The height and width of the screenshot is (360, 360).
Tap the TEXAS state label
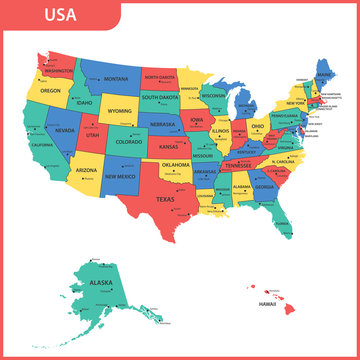point(164,198)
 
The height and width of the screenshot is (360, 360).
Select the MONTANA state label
point(117,78)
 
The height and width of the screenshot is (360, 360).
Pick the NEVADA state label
point(65,130)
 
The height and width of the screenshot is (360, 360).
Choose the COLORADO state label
point(129,142)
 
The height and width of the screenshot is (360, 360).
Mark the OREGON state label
point(50,90)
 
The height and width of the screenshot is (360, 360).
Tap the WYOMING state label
point(120,111)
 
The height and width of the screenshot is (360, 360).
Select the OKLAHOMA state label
point(176,164)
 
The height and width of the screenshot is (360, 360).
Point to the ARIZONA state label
point(86,171)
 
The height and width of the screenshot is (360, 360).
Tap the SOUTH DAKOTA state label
point(160,98)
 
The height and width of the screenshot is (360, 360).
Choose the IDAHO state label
point(84,102)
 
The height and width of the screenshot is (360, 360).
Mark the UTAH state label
point(92,134)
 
